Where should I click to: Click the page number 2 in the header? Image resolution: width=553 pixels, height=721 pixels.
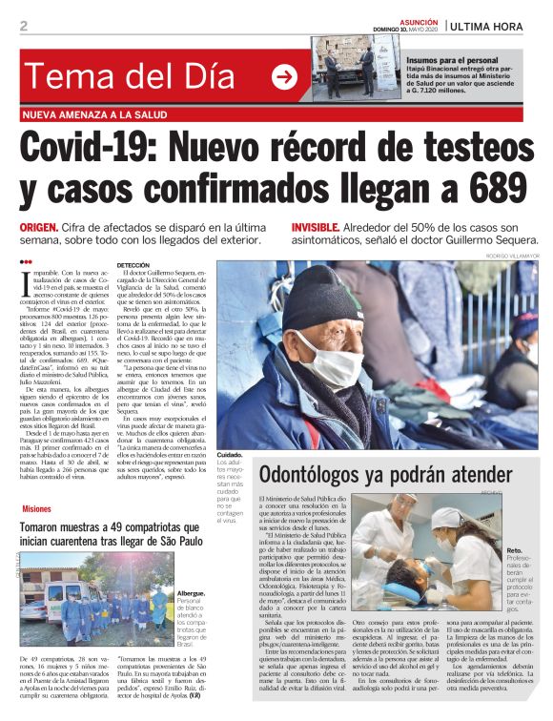click(x=24, y=25)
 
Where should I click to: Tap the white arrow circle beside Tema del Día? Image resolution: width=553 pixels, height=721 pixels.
click(x=284, y=76)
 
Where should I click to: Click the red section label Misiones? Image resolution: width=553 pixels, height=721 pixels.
click(x=36, y=509)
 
